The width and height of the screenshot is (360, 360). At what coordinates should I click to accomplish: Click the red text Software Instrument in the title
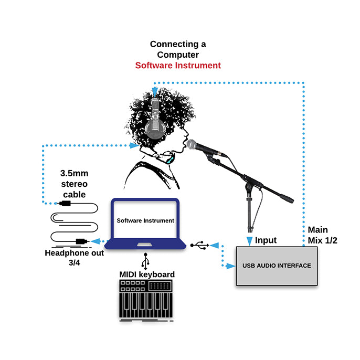pos(178,66)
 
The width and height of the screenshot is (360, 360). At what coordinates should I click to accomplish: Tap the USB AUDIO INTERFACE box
pos(277,266)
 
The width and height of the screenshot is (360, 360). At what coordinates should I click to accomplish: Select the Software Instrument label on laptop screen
pos(145,220)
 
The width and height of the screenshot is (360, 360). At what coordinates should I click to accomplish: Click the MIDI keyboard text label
pos(147,274)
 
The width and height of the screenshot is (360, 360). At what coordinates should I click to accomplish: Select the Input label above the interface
pos(266,240)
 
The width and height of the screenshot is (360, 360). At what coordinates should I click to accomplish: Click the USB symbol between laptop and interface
pos(200,245)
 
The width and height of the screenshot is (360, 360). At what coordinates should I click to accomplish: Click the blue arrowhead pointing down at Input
pos(249,240)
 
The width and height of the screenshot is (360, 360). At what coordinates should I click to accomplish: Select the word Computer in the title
pos(178,55)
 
